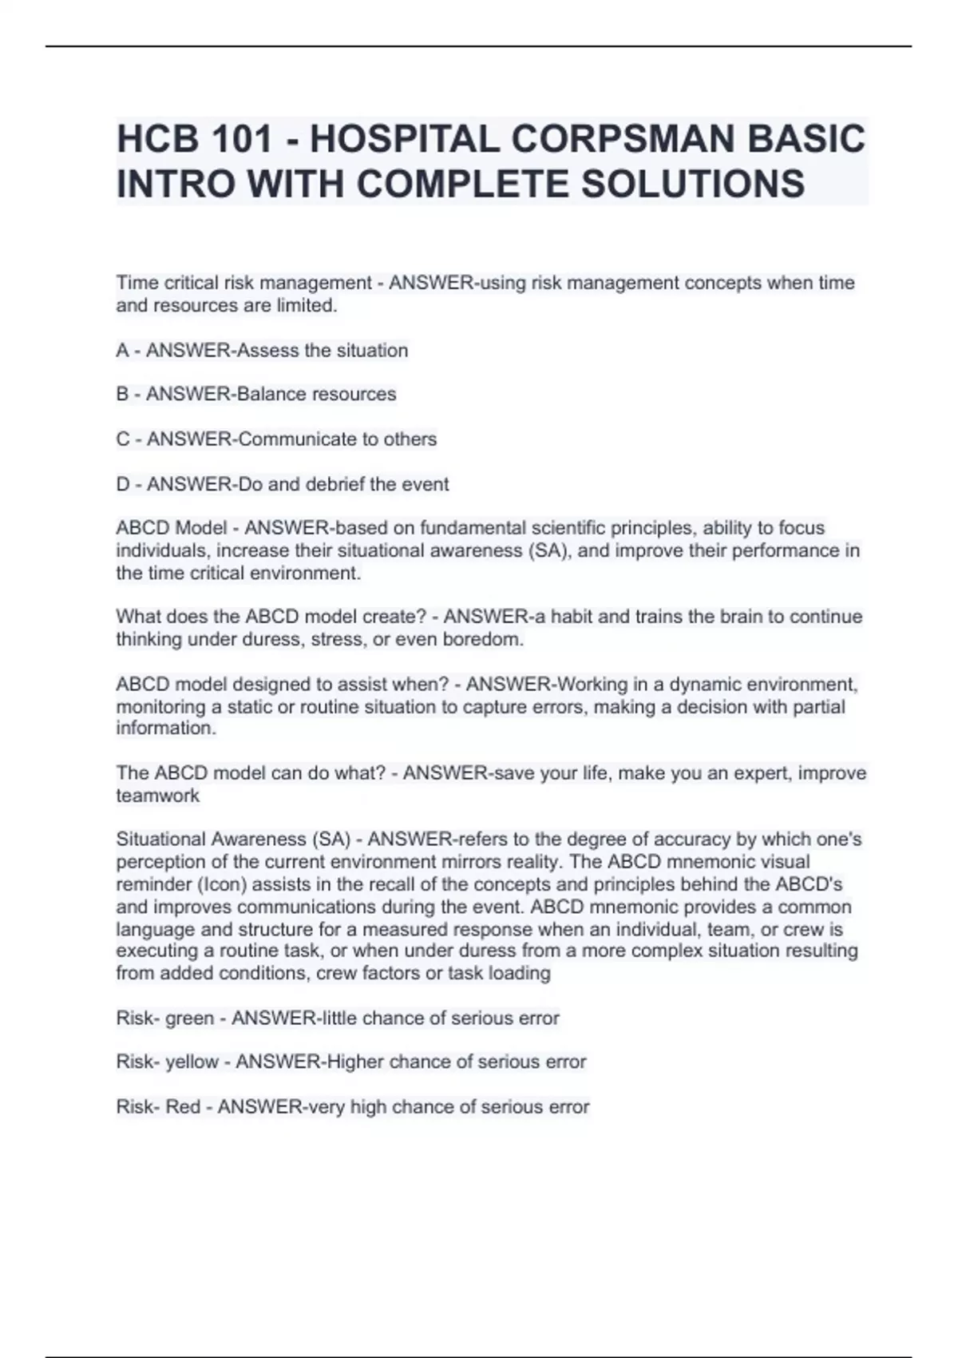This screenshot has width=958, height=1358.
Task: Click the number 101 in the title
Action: coord(242,139)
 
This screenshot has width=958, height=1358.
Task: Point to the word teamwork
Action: coord(158,796)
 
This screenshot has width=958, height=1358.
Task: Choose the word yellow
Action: coord(192,1062)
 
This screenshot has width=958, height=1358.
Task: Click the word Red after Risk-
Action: coord(183,1107)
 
